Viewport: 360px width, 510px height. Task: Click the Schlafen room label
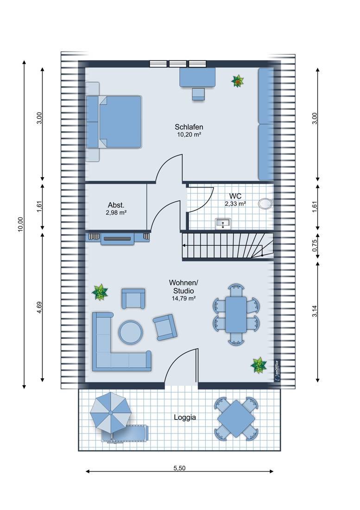pyautogui.click(x=189, y=127)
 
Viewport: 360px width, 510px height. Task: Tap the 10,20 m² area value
pyautogui.click(x=189, y=134)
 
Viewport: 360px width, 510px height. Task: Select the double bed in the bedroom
pyautogui.click(x=114, y=121)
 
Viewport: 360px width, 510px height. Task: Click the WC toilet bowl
pyautogui.click(x=265, y=203)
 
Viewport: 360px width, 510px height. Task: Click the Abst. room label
pyautogui.click(x=116, y=205)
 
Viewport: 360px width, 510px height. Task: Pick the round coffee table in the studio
pyautogui.click(x=131, y=332)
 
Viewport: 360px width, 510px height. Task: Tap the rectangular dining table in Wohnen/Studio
pyautogui.click(x=236, y=314)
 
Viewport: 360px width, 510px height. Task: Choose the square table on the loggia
pyautogui.click(x=236, y=419)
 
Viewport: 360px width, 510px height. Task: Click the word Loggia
pyautogui.click(x=185, y=417)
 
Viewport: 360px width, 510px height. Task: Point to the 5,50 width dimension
pyautogui.click(x=179, y=468)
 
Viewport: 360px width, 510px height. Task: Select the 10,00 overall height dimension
pyautogui.click(x=20, y=224)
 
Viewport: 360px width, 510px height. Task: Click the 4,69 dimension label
pyautogui.click(x=39, y=307)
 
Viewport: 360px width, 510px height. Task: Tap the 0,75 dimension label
pyautogui.click(x=315, y=246)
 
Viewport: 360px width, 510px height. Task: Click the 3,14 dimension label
pyautogui.click(x=315, y=311)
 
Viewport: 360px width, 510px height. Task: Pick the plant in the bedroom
pyautogui.click(x=238, y=81)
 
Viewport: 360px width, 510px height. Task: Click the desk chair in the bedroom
pyautogui.click(x=198, y=94)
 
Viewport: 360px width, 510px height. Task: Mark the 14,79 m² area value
pyautogui.click(x=183, y=298)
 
